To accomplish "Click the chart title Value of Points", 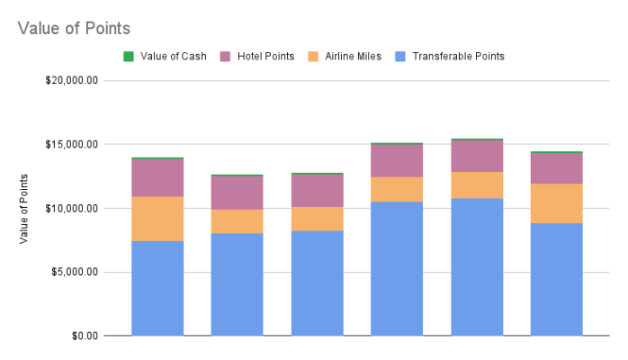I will (74, 29).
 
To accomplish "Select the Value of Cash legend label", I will (174, 56).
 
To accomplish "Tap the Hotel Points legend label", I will (265, 56).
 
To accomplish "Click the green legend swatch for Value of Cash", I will (129, 56).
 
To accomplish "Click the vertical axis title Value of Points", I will (24, 209).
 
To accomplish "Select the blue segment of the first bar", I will (157, 288).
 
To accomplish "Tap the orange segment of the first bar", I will (157, 219).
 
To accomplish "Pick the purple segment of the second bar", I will (238, 193).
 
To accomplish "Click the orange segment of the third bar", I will (317, 219).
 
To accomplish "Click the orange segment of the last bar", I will (556, 203).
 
